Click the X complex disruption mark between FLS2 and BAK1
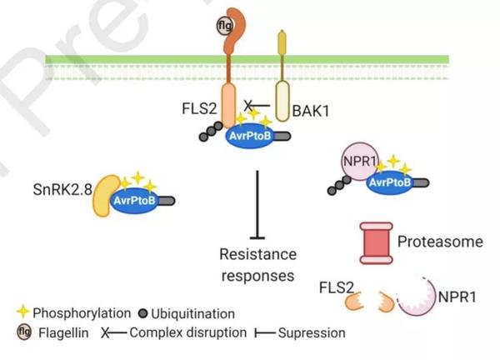pos(247,106)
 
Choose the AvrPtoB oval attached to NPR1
pos(390,183)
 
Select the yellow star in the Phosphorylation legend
pos(23,312)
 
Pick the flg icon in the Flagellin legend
pos(23,332)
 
